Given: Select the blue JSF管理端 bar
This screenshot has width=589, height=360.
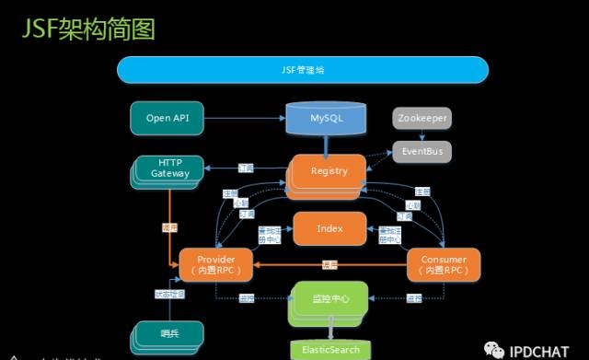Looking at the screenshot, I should (302, 70).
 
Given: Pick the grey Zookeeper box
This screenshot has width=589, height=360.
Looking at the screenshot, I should (422, 119).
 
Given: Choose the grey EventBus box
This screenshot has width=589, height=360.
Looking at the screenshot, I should (422, 150).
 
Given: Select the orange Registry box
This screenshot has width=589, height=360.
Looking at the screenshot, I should (328, 172).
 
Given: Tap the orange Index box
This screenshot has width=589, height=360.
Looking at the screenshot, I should (329, 228).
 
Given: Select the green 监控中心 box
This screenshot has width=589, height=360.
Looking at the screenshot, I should (329, 298).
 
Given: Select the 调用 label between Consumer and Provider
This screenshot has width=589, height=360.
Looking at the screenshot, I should (329, 265).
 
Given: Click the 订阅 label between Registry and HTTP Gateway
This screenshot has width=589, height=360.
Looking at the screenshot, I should (245, 169).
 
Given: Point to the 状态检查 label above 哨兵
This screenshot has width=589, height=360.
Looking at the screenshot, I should (169, 294).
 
